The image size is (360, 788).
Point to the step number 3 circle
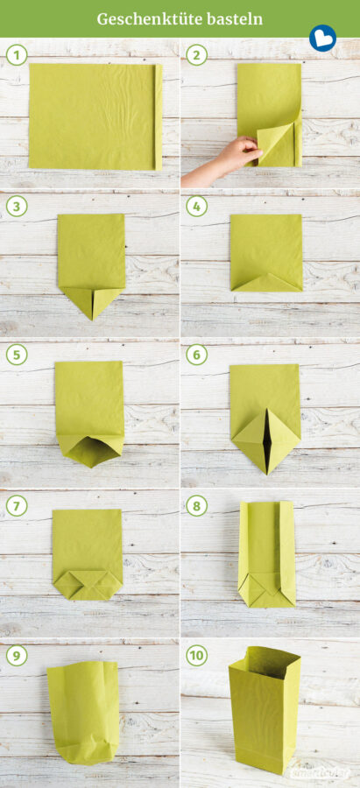pos(15,207)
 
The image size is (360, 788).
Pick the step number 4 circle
pos(195,207)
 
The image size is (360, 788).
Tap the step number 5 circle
pos(15,355)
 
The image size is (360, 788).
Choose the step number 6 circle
pos(195,355)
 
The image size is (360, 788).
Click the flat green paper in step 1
pos(92,116)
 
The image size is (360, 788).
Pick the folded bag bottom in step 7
pos(87,583)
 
